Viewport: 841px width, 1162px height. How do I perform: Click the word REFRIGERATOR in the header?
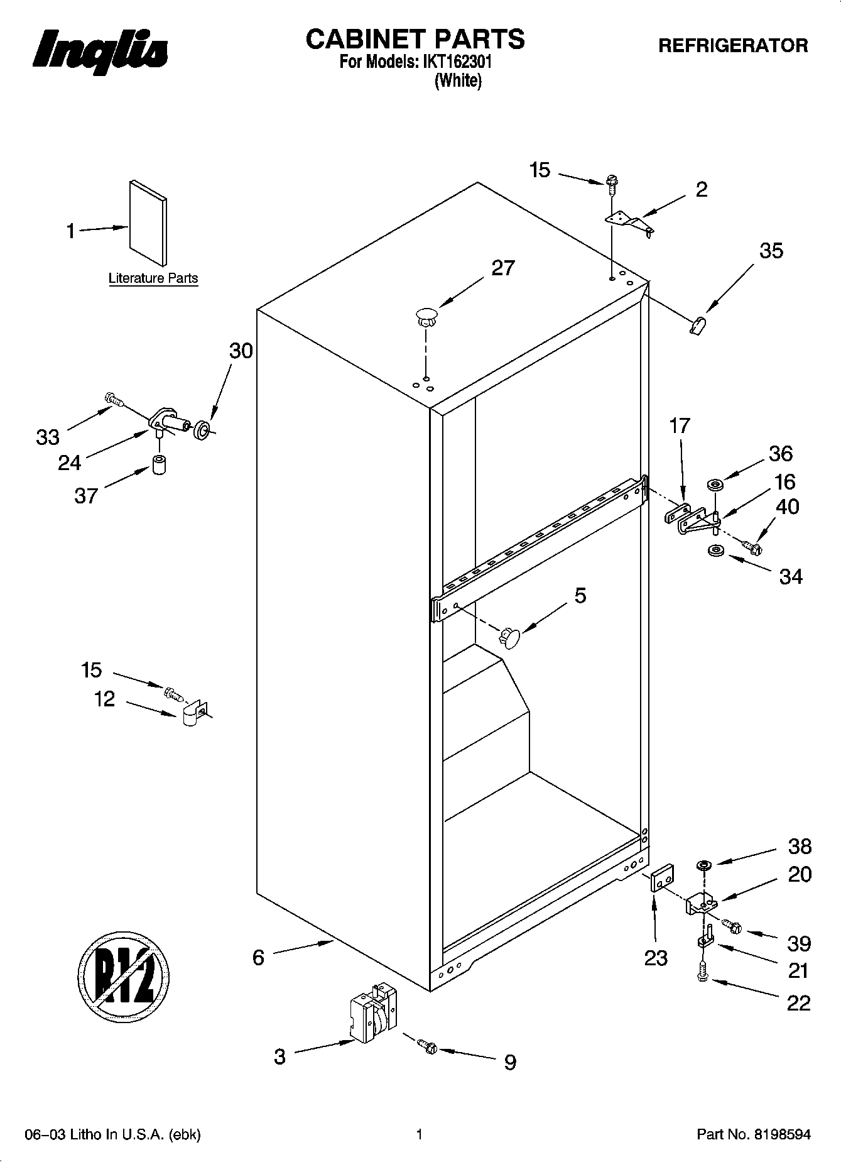tap(732, 45)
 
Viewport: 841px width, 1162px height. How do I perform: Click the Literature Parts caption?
tap(153, 278)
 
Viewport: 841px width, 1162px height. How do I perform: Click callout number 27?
tap(502, 268)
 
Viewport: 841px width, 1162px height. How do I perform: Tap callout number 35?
tap(771, 251)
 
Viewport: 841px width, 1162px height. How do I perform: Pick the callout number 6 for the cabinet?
tap(258, 957)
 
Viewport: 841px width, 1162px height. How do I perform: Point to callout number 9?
tap(510, 1061)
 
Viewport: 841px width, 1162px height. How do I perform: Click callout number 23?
tap(656, 958)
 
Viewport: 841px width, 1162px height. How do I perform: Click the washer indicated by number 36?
tap(715, 485)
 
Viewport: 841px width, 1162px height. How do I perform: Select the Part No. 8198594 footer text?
tap(754, 1134)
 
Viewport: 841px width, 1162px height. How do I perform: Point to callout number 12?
tap(105, 698)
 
